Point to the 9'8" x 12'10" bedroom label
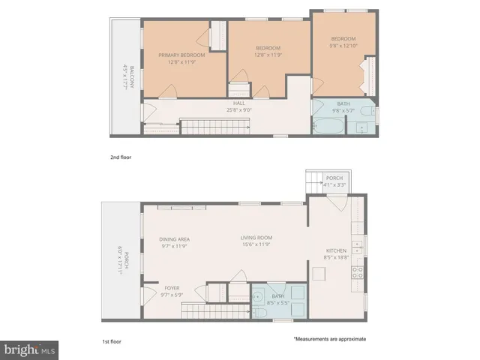344,42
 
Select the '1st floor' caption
112,340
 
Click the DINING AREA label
173,241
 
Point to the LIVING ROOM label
256,241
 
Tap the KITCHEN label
335,253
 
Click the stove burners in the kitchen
358,271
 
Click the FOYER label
172,292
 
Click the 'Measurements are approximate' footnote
329,338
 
